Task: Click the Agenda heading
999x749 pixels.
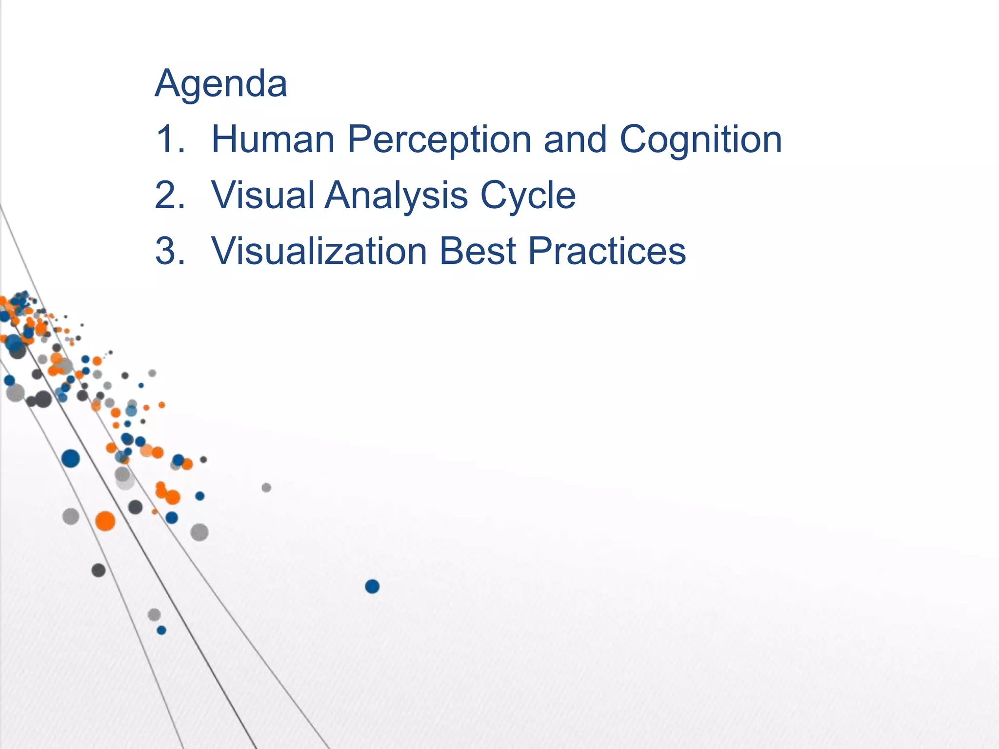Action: tap(221, 84)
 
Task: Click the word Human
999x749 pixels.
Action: tap(273, 139)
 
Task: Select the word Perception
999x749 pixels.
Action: tap(439, 139)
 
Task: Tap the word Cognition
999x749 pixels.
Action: tap(700, 139)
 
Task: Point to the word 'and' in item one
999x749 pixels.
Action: tap(575, 139)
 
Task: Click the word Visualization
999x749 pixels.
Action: tap(319, 251)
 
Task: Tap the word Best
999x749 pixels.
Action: tap(478, 251)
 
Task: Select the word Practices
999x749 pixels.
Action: tap(607, 251)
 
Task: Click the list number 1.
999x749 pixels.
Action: tap(169, 139)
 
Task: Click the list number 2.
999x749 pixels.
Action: tap(170, 195)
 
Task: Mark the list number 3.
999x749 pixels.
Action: tap(170, 251)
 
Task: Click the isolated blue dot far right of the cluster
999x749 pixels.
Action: tap(372, 586)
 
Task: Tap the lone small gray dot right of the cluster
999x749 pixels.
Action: tap(266, 488)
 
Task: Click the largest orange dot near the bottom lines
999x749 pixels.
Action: tap(105, 521)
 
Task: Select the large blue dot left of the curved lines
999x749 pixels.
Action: tap(71, 458)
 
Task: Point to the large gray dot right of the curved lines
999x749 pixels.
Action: tap(199, 532)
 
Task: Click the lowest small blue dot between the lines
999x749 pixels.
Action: tap(161, 630)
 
